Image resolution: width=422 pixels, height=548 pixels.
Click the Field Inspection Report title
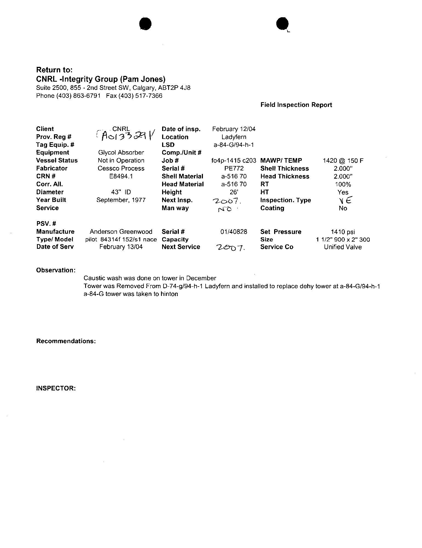(x=296, y=105)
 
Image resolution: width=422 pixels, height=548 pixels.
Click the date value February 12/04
(x=234, y=129)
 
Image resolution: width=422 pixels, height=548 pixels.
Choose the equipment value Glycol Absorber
(x=121, y=153)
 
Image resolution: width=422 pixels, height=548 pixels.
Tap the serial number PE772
(x=234, y=168)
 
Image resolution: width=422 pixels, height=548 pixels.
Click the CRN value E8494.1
(x=121, y=176)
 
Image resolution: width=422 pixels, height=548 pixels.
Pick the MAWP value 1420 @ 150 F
(x=343, y=161)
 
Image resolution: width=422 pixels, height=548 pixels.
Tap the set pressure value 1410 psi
(x=343, y=232)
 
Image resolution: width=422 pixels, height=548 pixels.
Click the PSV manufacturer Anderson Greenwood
(x=121, y=232)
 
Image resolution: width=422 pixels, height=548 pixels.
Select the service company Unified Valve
(x=343, y=247)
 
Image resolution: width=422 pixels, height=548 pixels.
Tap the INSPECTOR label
(x=56, y=388)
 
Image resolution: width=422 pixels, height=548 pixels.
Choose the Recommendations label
(x=66, y=341)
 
